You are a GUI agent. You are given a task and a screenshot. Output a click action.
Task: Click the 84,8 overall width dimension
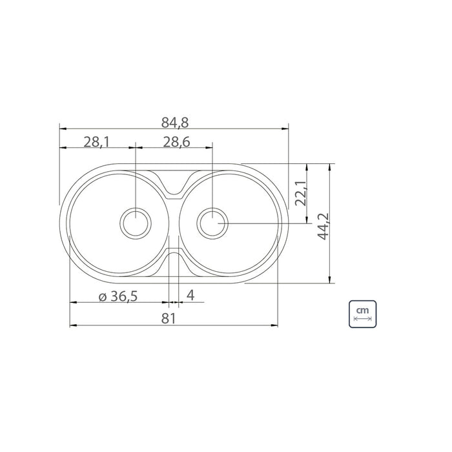pyautogui.click(x=175, y=122)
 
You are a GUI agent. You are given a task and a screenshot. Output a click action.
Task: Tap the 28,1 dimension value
pyautogui.click(x=97, y=142)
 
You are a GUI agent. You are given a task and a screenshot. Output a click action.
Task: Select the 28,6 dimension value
pyautogui.click(x=176, y=142)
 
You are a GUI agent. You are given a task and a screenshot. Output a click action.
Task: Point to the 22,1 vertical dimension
pyautogui.click(x=302, y=194)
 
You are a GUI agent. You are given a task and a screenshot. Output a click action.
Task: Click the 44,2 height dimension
pyautogui.click(x=323, y=226)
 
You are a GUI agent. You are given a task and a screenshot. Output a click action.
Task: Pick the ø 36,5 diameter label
pyautogui.click(x=118, y=296)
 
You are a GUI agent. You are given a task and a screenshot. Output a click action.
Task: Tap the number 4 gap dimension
pyautogui.click(x=190, y=295)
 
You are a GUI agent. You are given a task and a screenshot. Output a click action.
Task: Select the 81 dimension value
pyautogui.click(x=169, y=318)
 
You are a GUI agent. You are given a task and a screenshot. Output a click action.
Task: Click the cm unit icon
pyautogui.click(x=363, y=314)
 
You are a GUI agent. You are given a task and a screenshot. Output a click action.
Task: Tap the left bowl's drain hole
pyautogui.click(x=136, y=223)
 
